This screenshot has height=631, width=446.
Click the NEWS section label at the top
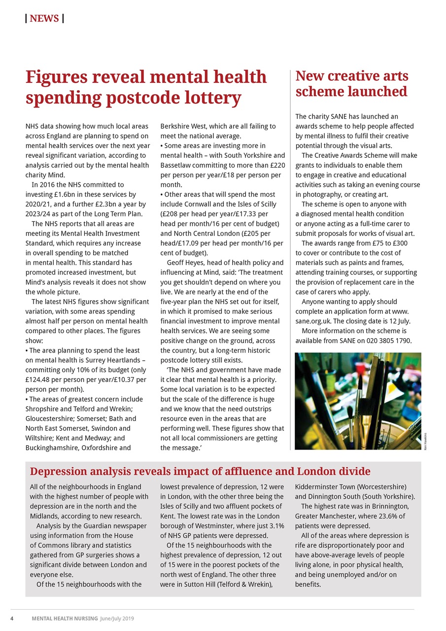(44, 19)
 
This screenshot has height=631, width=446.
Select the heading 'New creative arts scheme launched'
(351, 84)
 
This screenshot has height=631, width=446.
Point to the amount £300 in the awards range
(398, 243)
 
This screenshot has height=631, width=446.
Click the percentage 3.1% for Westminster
(274, 526)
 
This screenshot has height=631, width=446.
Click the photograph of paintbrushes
(358, 401)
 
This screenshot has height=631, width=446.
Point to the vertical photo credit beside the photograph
(425, 441)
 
